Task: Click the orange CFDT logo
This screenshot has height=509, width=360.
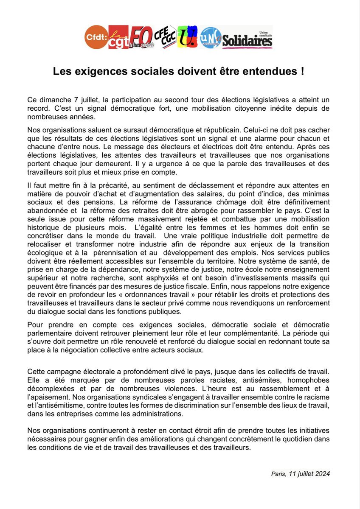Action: pyautogui.click(x=96, y=37)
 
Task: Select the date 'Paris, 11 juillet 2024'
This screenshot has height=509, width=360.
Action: pyautogui.click(x=300, y=474)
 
